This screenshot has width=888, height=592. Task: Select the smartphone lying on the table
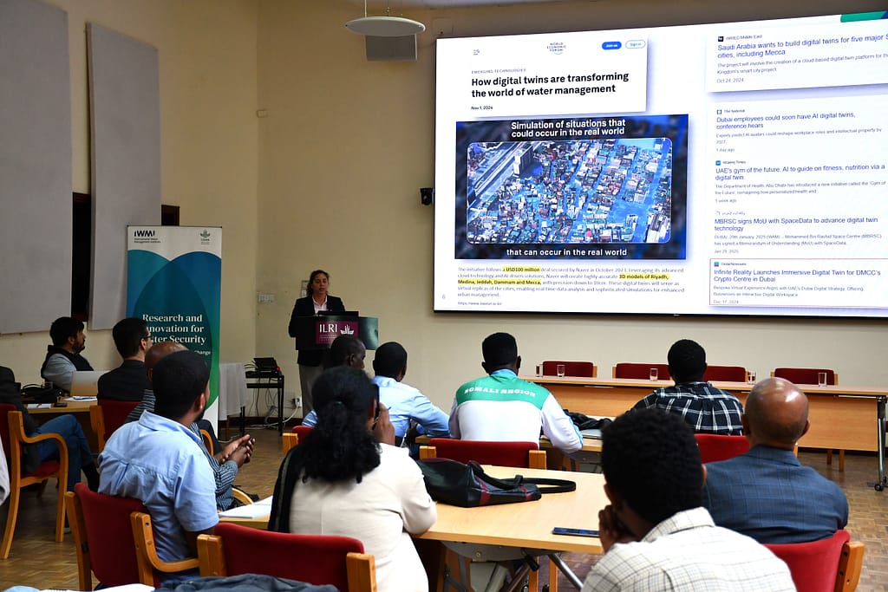click(574, 531)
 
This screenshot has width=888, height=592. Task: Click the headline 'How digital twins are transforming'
click(550, 83)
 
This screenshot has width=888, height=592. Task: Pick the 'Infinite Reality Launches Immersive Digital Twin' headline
click(796, 276)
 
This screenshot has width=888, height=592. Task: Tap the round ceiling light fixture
click(385, 26)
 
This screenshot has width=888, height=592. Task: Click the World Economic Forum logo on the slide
click(556, 47)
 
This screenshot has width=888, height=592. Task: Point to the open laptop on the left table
click(86, 382)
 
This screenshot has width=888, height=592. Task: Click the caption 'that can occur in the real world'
click(567, 252)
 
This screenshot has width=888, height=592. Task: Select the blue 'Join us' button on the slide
click(611, 45)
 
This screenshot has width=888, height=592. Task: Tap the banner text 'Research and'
click(173, 318)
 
